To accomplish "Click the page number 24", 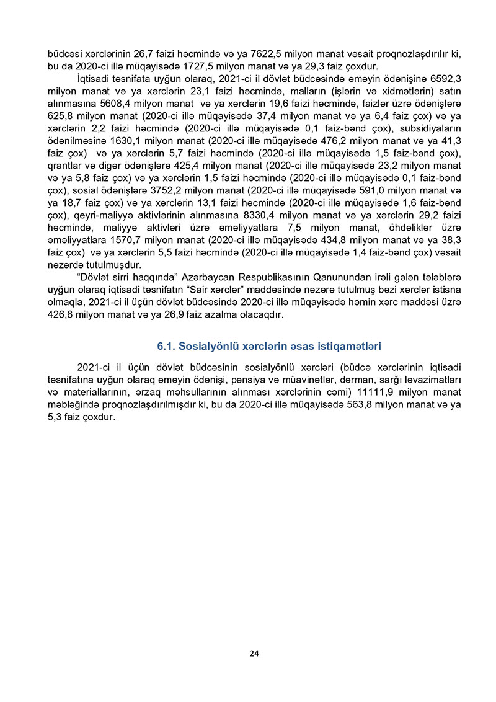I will (x=254, y=653).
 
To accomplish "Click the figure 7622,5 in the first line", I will (x=251, y=55).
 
